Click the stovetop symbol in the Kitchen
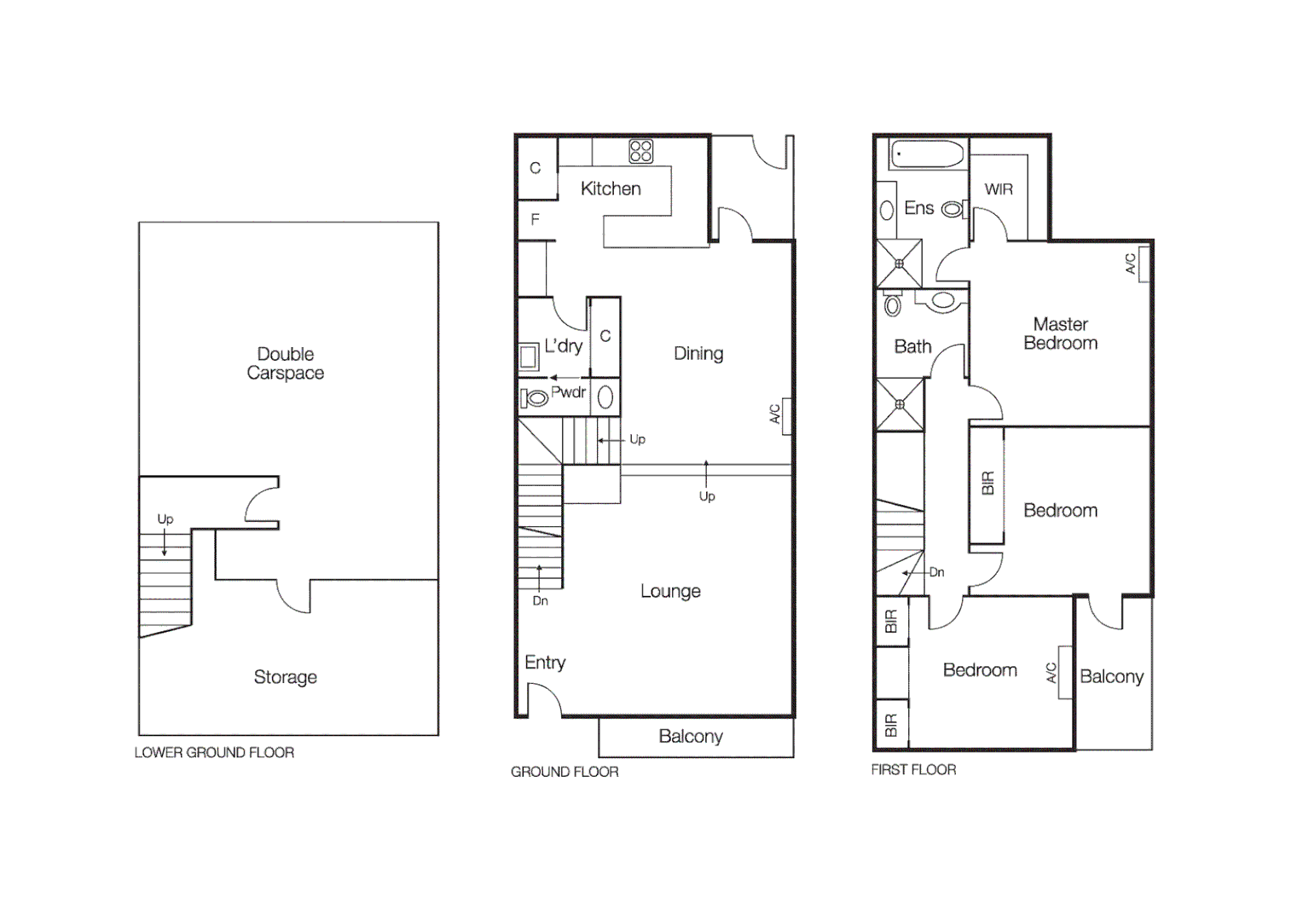[640, 151]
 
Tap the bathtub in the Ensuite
[927, 154]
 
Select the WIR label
[999, 189]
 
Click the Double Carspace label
[286, 363]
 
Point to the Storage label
[286, 677]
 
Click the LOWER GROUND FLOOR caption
[214, 752]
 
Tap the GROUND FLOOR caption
[565, 772]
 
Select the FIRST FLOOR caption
[913, 769]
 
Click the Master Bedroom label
[1060, 333]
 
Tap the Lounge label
[670, 591]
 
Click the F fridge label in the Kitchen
[536, 220]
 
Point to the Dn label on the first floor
[936, 572]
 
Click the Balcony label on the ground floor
[691, 736]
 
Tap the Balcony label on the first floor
[1111, 676]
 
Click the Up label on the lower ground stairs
[165, 518]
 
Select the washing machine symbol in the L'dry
[529, 356]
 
